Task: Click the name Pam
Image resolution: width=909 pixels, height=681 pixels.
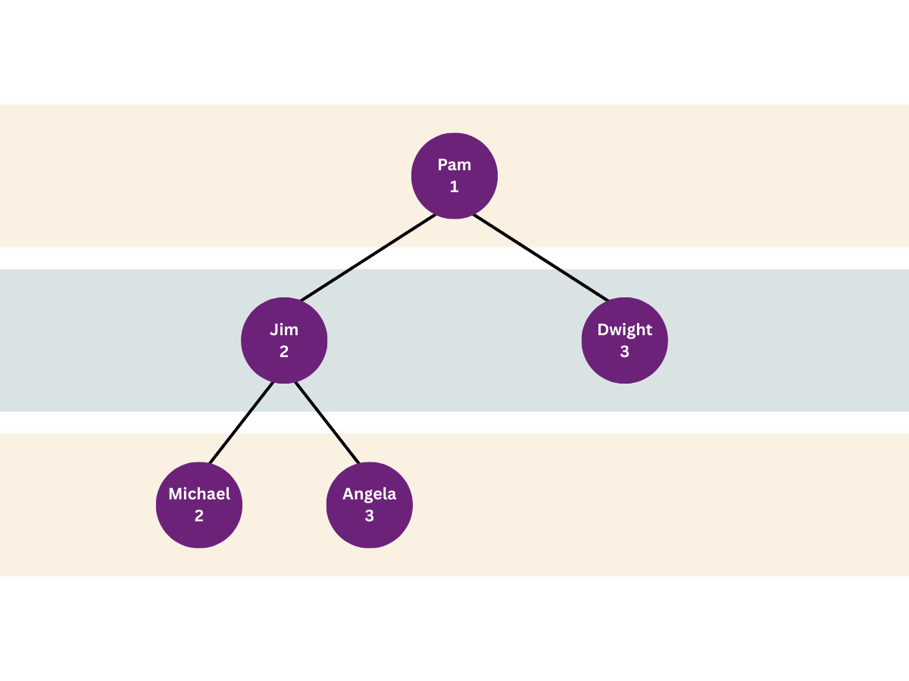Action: [454, 165]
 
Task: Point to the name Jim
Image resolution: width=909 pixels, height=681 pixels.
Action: [284, 330]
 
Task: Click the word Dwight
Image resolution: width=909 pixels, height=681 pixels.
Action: [625, 330]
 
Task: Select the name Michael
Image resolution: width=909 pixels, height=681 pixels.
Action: [199, 494]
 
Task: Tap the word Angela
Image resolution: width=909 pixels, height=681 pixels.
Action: [370, 494]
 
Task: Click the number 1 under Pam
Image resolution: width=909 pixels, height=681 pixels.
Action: [454, 187]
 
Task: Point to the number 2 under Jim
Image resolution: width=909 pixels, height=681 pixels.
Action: [284, 352]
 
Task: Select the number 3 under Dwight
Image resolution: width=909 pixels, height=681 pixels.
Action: [625, 352]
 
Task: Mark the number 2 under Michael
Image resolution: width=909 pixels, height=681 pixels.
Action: [199, 516]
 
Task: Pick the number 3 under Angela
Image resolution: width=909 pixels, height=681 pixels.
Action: [370, 516]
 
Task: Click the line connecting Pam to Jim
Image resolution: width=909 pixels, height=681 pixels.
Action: [368, 257]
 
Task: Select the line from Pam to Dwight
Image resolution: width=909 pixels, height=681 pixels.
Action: [541, 257]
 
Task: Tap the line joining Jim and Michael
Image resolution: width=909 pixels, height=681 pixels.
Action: [241, 422]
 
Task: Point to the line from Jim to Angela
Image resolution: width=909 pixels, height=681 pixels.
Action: [326, 422]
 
